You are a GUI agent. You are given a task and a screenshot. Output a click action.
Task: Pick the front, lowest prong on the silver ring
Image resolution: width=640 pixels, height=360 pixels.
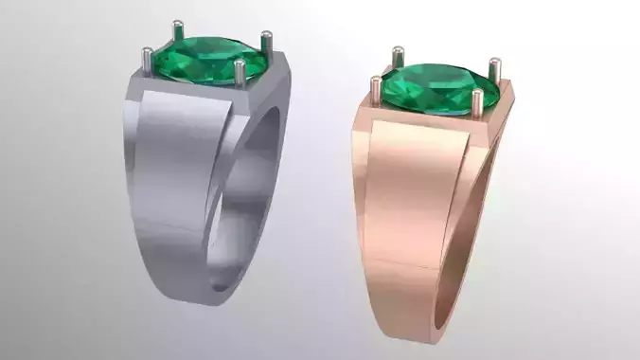239,75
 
